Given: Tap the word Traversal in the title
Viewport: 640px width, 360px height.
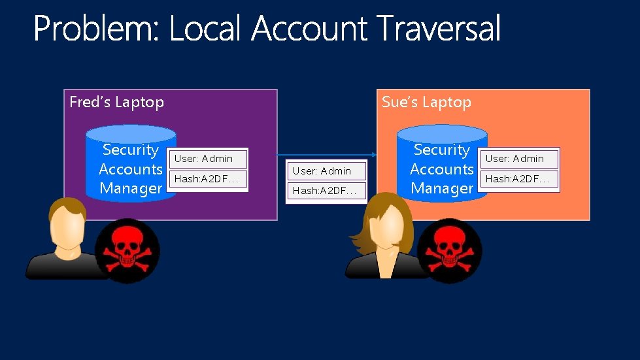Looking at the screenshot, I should pos(439,29).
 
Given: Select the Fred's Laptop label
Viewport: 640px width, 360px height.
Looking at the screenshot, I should pos(116,102).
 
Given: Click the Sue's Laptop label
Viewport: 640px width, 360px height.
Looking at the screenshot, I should pos(426,102).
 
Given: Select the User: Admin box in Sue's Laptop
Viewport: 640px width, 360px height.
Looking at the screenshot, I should pos(519,159).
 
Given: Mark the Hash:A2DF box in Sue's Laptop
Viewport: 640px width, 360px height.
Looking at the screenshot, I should pos(519,178).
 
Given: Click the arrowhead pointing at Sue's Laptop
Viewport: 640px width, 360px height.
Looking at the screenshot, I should pos(373,155).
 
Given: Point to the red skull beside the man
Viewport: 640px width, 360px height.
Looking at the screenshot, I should pos(126,250).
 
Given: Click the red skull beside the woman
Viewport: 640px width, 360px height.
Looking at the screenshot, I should pos(449,250).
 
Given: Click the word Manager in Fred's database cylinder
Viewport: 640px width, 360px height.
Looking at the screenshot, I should pos(131,189).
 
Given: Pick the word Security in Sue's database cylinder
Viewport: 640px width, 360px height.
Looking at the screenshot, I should pos(442,150).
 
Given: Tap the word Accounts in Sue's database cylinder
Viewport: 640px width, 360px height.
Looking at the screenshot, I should pos(442,169).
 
